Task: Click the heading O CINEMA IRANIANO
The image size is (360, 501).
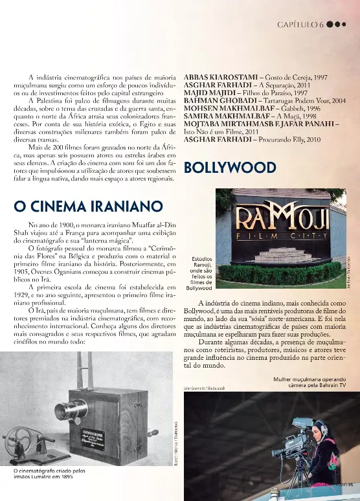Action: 87,206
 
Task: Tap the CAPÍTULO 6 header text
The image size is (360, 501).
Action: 300,25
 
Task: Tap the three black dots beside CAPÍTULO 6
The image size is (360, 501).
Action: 337,25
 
